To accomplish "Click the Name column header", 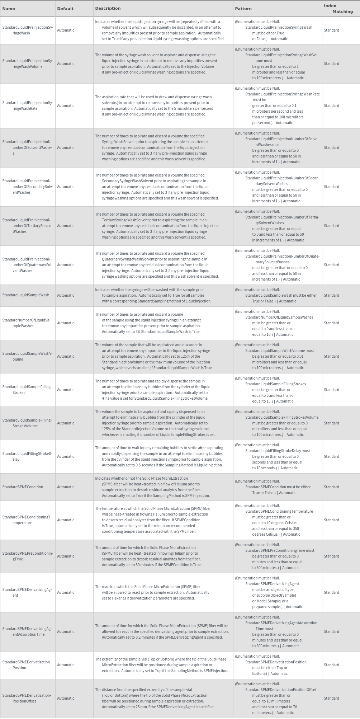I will point(9,9).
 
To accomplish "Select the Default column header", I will point(65,9).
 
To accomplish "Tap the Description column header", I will point(108,8).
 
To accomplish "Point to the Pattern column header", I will point(243,9).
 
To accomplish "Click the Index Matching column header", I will point(338,9).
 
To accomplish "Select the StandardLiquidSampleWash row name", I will point(26,295).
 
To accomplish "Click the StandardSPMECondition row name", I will point(23,487).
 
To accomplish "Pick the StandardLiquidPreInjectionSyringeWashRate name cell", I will point(28,105).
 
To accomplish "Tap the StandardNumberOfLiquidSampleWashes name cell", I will point(27,323).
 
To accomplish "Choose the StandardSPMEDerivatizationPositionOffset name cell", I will point(27,698).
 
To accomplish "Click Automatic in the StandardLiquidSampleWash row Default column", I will point(66,295).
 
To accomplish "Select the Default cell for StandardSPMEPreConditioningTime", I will point(66,556).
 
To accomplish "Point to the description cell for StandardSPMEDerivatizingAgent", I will point(152,592).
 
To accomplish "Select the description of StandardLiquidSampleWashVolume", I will point(154,356).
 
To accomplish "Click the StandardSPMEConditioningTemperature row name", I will point(27,520).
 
